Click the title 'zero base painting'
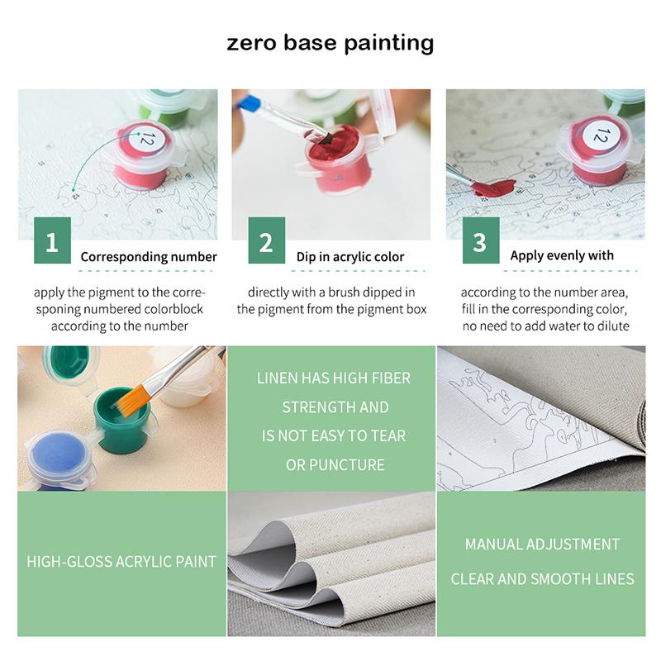tap(330, 44)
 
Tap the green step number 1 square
tap(52, 240)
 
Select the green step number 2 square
tap(266, 240)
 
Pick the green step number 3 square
tap(481, 240)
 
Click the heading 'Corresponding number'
tap(149, 257)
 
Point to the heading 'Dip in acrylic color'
tap(350, 257)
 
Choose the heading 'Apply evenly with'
tap(562, 255)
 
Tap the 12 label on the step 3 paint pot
tap(602, 135)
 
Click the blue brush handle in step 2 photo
tap(250, 103)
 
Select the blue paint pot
tap(58, 459)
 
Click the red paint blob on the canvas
tap(493, 188)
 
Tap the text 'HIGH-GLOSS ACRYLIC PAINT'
tap(121, 562)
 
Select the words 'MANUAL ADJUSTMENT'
tap(542, 544)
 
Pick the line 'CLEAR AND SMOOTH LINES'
tap(542, 579)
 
